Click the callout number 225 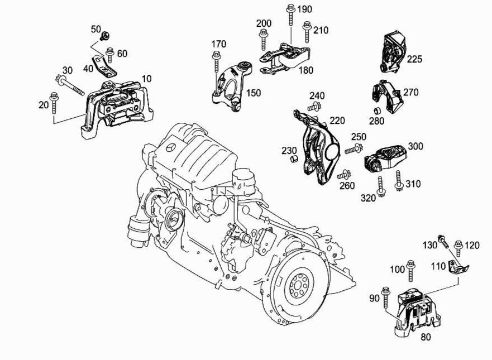click(415, 59)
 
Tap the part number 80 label click(426, 337)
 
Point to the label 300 click(415, 146)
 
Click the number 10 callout click(146, 79)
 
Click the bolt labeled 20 click(55, 103)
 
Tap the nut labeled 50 click(104, 37)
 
